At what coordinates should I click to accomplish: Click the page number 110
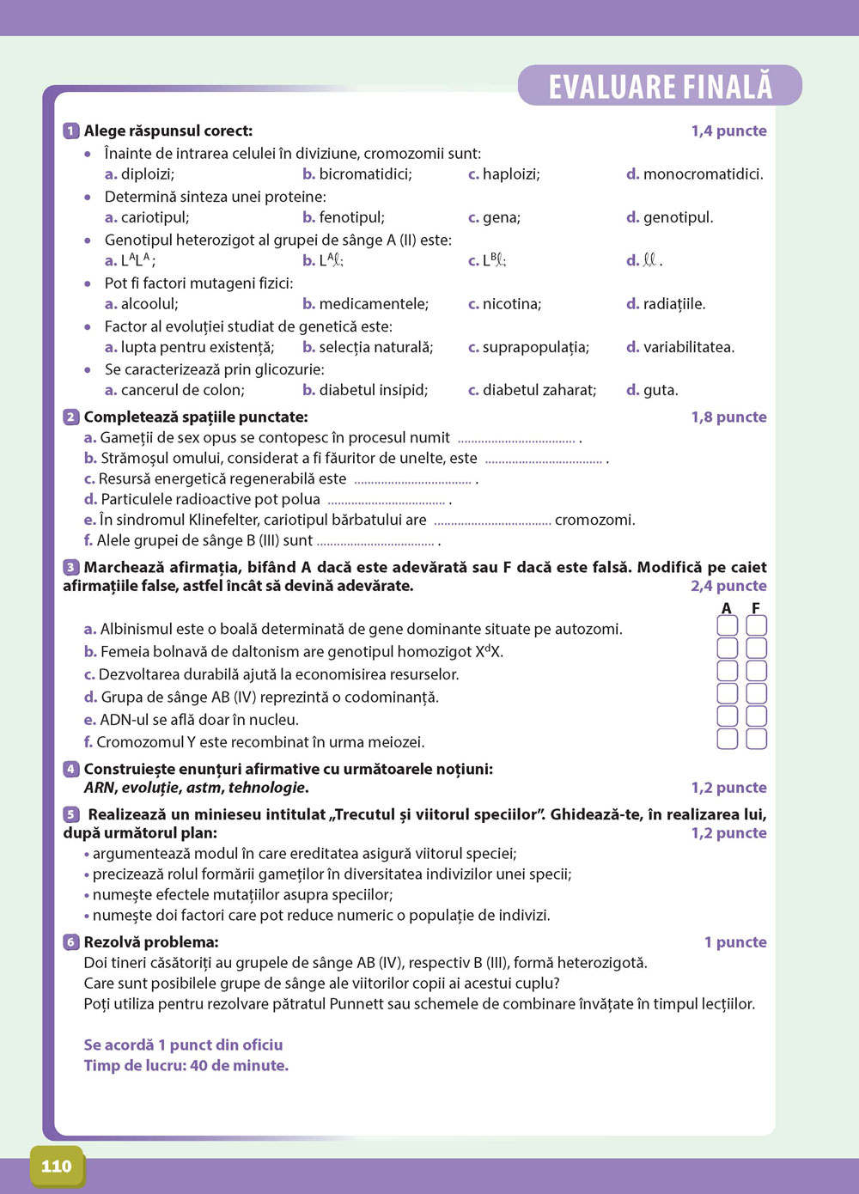pos(57,1166)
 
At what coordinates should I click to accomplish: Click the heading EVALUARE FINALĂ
pos(661,87)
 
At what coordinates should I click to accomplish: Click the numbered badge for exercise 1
pos(71,131)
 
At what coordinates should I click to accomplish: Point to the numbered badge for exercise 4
pos(71,769)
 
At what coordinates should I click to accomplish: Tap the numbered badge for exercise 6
pos(71,942)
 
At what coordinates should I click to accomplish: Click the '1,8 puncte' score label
pos(728,417)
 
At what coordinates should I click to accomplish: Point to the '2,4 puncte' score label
pos(728,586)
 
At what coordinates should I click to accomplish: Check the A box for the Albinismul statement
pos(727,626)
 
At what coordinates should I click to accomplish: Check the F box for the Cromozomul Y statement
pos(756,739)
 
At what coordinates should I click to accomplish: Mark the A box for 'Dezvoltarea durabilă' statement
pos(727,671)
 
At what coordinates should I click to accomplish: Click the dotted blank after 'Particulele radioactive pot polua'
pos(387,501)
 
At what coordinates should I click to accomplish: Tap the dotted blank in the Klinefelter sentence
pos(492,521)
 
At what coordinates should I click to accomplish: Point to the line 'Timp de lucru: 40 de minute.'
pos(186,1066)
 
